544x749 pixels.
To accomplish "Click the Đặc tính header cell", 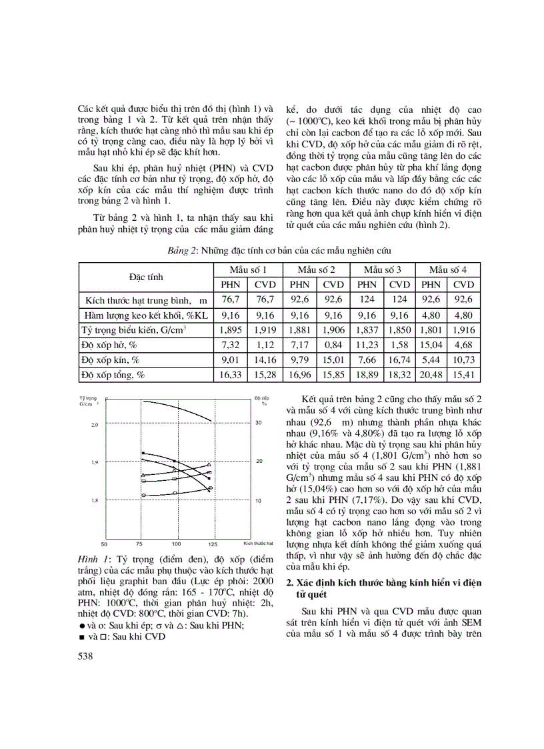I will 145,277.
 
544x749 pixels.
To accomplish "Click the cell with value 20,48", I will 431,375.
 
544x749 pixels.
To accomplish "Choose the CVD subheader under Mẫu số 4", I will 463,284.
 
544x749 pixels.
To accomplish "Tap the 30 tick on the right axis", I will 259,422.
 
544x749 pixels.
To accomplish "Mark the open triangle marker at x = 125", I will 210,464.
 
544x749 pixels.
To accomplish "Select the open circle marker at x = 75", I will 143,495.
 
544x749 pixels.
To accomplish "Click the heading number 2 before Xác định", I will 289,582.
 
